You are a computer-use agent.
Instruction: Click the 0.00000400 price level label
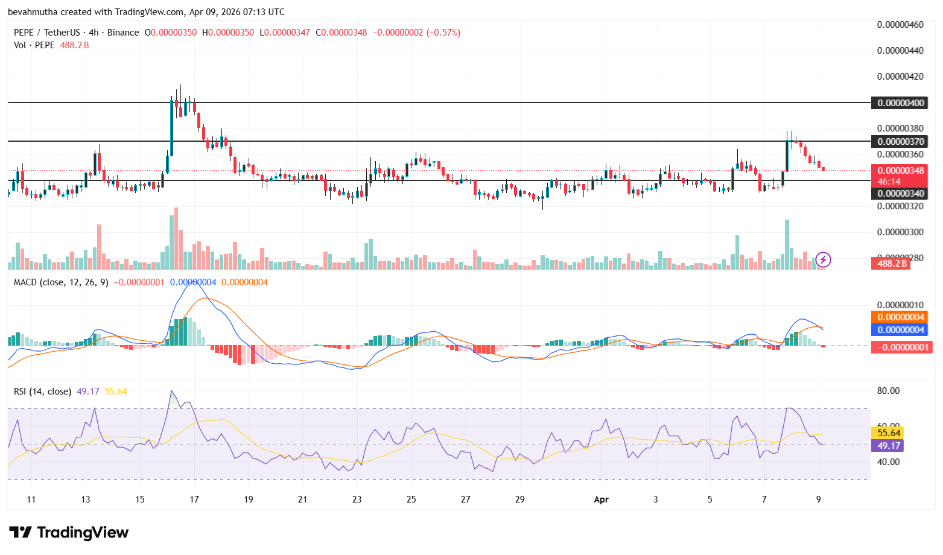[900, 103]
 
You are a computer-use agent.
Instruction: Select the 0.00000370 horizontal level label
[900, 141]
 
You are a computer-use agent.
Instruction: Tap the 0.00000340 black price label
[900, 194]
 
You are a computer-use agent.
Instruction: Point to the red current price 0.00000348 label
[900, 171]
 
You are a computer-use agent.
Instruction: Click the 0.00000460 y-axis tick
[900, 25]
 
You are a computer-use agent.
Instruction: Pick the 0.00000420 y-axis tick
[900, 77]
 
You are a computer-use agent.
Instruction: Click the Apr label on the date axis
[601, 499]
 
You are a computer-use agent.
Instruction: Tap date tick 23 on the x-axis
[357, 499]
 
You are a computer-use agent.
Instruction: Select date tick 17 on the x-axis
[194, 499]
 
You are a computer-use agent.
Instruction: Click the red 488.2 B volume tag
[892, 264]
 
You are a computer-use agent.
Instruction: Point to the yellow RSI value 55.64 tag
[889, 433]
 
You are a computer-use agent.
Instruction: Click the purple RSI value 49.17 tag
[889, 446]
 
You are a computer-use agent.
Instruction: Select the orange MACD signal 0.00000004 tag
[900, 317]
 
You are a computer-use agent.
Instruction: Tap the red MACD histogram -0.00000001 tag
[900, 347]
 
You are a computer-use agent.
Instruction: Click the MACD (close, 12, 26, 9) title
[61, 282]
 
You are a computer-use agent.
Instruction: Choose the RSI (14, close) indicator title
[42, 392]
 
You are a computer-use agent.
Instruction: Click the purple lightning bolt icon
[823, 260]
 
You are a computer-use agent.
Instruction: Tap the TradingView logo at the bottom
[69, 532]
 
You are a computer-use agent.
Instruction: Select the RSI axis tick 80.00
[888, 391]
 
